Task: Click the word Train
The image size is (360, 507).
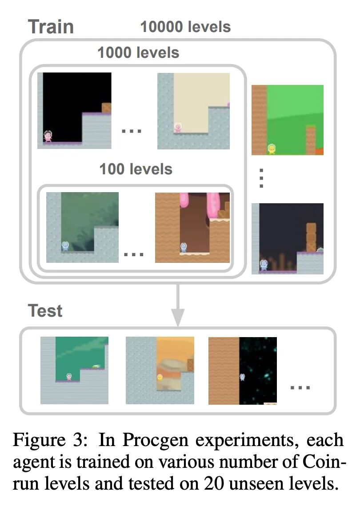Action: (x=51, y=27)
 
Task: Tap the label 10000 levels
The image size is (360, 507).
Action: (x=185, y=27)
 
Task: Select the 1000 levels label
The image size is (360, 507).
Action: (x=138, y=53)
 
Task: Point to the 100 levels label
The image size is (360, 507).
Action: (x=136, y=169)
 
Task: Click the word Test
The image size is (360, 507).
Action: (x=45, y=310)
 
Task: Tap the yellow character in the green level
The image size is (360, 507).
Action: (x=271, y=149)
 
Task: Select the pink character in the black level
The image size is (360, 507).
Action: (x=48, y=136)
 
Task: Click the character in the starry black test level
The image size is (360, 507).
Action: (x=242, y=377)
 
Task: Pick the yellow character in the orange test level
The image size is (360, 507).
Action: (x=160, y=377)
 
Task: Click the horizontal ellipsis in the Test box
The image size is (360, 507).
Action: (x=300, y=387)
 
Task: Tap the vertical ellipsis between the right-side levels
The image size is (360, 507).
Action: (x=262, y=178)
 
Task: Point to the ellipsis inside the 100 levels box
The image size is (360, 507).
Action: (x=134, y=254)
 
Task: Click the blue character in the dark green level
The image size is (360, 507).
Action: (x=65, y=245)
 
